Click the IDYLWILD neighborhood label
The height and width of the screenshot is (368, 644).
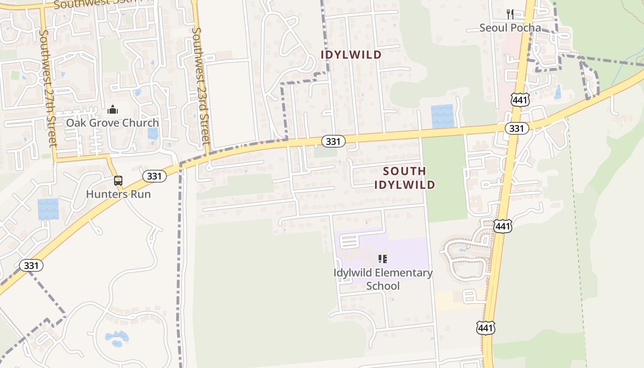(351, 55)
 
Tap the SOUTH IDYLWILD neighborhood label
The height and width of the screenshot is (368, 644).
(404, 178)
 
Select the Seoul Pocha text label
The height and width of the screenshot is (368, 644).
(510, 28)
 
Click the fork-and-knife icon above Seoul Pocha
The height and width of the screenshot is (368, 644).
(510, 14)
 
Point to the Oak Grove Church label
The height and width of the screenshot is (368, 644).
(112, 123)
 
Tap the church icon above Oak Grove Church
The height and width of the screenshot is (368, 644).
(112, 109)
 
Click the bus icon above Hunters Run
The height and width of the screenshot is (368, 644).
(118, 181)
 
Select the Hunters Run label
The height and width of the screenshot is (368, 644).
(118, 194)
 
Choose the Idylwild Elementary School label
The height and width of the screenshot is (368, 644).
(383, 279)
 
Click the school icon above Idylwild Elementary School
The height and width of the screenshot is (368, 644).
(382, 259)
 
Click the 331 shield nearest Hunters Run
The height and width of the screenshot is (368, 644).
(154, 176)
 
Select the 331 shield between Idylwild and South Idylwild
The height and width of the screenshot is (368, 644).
(333, 141)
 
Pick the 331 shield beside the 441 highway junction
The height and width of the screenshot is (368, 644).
(517, 128)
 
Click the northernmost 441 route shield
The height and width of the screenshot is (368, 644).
(519, 100)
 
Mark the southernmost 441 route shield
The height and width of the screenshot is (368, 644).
(486, 328)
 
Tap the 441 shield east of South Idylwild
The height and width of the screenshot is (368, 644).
(503, 226)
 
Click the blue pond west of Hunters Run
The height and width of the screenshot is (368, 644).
(48, 209)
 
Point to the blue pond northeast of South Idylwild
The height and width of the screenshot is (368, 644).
(442, 116)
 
